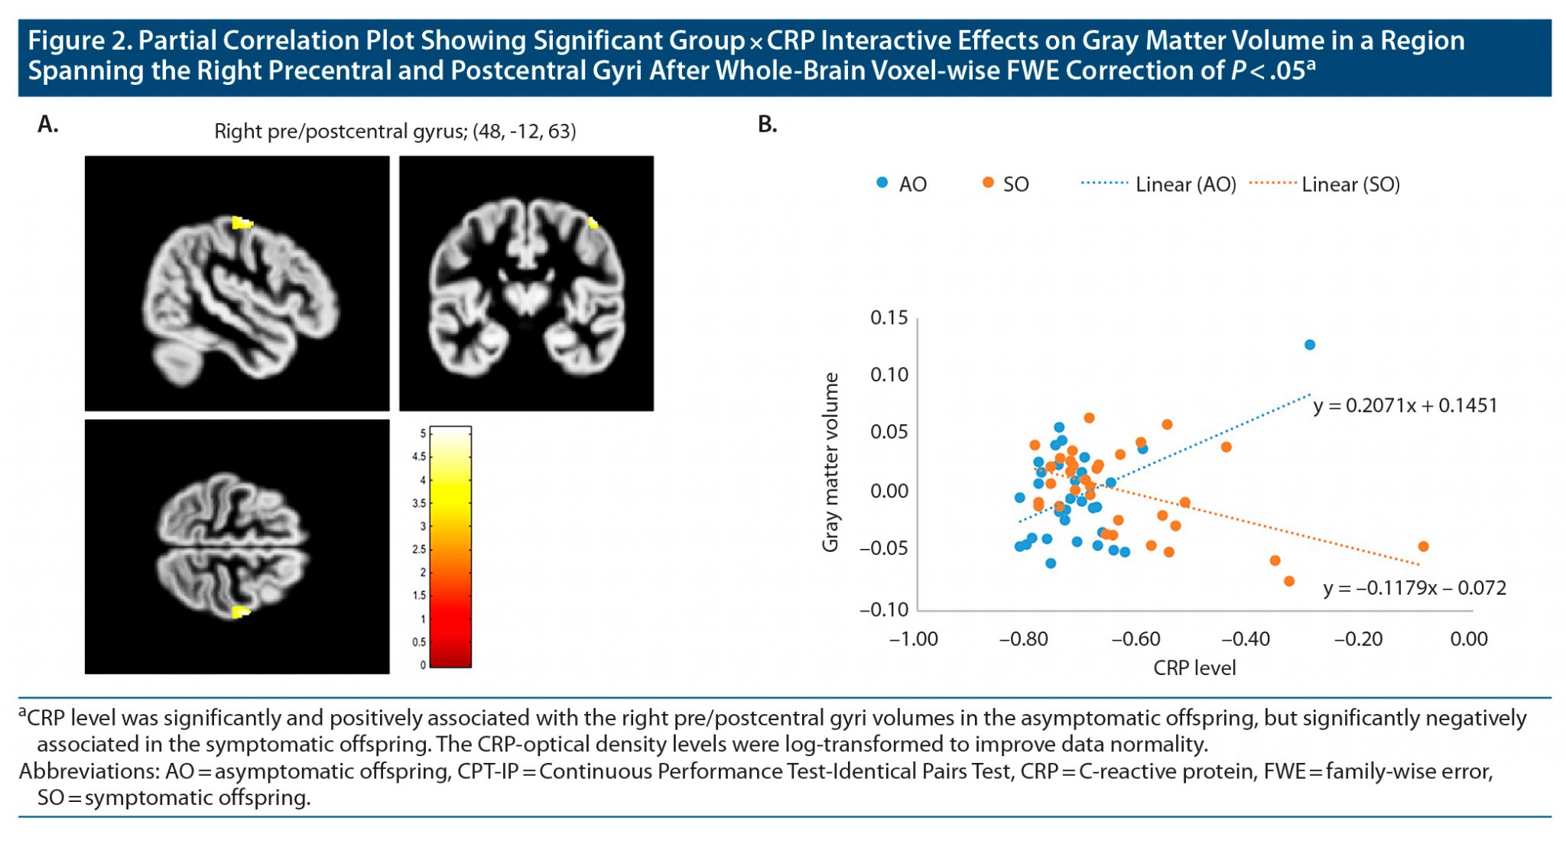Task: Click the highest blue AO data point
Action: (1310, 345)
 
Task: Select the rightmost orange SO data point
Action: (1423, 547)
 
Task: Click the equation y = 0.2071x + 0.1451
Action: (1405, 405)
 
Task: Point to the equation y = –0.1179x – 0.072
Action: (1415, 588)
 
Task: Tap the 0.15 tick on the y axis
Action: (889, 318)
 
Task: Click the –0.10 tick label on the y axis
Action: (884, 609)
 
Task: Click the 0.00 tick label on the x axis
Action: (1469, 639)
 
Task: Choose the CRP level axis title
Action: (1194, 668)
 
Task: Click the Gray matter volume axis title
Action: (830, 463)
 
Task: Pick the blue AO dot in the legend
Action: (882, 183)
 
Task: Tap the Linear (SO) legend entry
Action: (1350, 184)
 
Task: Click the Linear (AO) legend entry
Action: (1185, 184)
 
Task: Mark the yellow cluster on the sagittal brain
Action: (242, 223)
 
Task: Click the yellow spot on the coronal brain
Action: (593, 223)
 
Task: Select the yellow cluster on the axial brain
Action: (241, 612)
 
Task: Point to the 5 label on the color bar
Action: (423, 433)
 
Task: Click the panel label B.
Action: (767, 124)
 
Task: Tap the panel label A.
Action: (47, 124)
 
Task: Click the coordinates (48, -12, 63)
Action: (525, 131)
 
